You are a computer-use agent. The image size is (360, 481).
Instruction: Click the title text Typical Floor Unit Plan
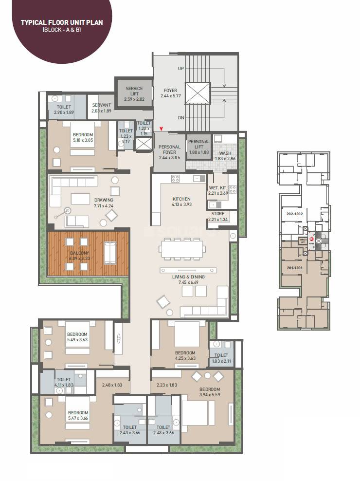(x=61, y=22)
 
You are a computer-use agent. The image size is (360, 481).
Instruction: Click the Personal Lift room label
(x=198, y=144)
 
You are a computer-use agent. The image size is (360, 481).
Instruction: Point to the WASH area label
(x=225, y=153)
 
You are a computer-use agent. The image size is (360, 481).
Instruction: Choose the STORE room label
(x=217, y=213)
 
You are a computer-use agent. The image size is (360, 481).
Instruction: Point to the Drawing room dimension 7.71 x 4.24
(x=104, y=206)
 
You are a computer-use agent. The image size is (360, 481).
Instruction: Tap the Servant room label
(x=101, y=105)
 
